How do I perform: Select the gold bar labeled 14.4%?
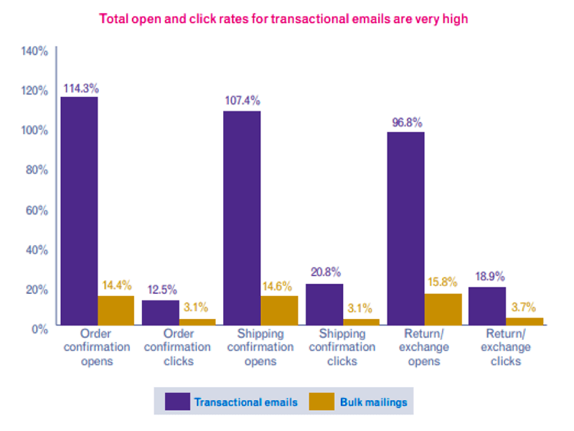coord(116,310)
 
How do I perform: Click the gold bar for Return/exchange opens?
coord(443,309)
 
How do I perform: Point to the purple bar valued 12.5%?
coord(160,312)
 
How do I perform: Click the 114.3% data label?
coord(80,88)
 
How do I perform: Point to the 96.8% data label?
coord(406,122)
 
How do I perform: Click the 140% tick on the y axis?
coord(34,51)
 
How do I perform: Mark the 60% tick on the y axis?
coord(37,210)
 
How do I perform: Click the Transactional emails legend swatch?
coord(177,402)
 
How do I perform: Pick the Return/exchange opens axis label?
coord(424,348)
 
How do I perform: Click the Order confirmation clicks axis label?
coord(178,348)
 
